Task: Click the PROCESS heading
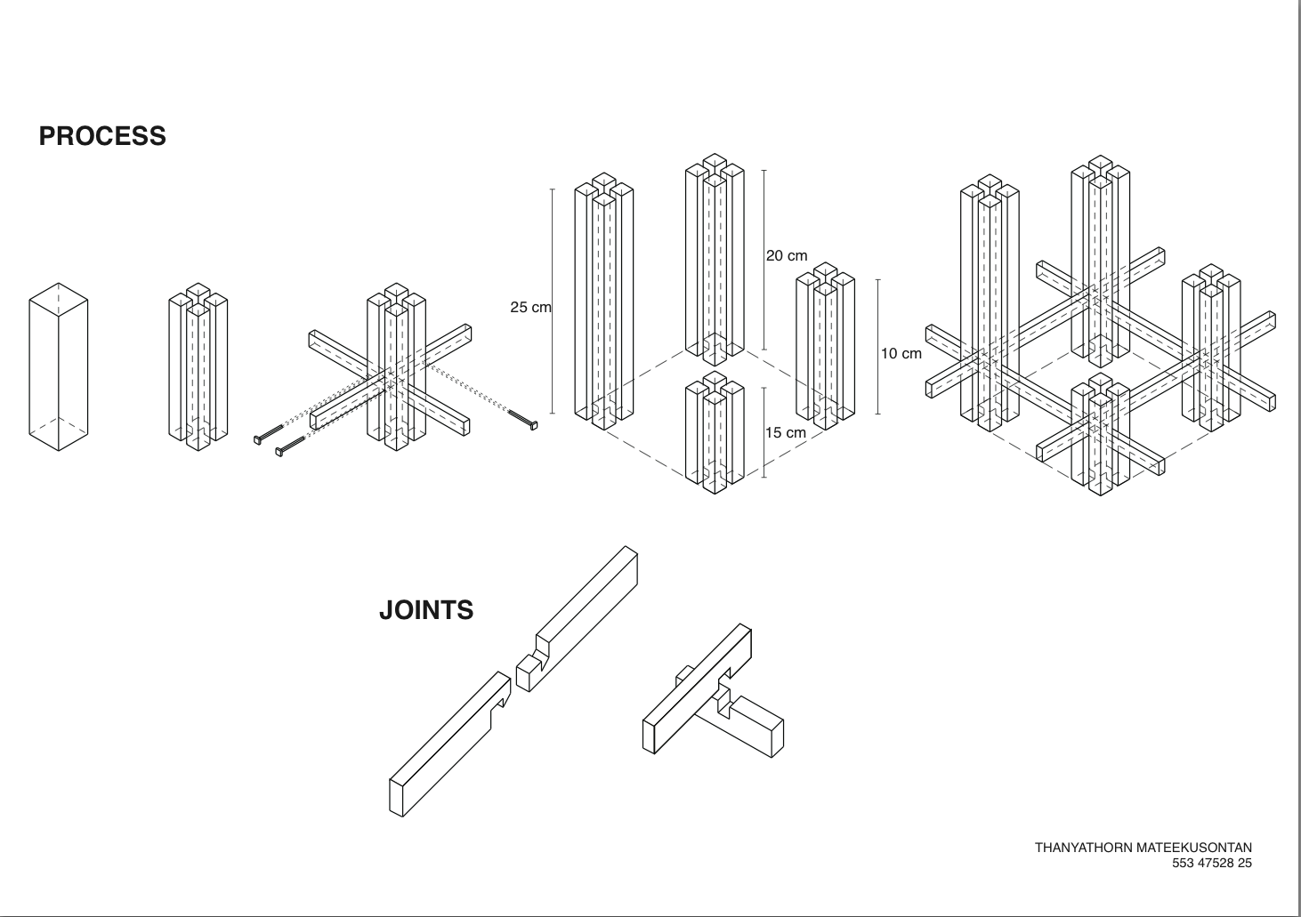pos(102,136)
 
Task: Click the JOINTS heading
pos(426,610)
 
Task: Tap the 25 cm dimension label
pos(530,308)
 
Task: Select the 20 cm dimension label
pos(787,256)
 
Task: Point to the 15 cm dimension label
pos(786,433)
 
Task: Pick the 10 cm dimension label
pos(901,354)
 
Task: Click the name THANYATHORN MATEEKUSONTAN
pos(1143,848)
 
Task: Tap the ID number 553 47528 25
pos(1211,863)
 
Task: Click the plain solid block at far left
pos(59,366)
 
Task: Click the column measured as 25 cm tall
pos(603,302)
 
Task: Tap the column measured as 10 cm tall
pos(825,347)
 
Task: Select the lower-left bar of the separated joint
pos(448,743)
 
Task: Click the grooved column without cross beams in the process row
pos(198,365)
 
